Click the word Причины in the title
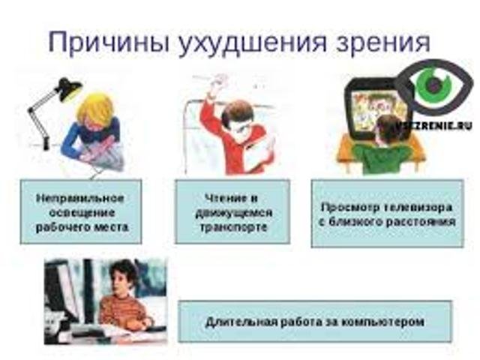click(109, 42)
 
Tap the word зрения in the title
click(382, 43)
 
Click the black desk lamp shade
click(69, 89)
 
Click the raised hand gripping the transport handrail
click(219, 84)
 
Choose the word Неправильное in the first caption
click(80, 198)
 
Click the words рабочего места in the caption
click(82, 227)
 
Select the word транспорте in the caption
click(233, 227)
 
